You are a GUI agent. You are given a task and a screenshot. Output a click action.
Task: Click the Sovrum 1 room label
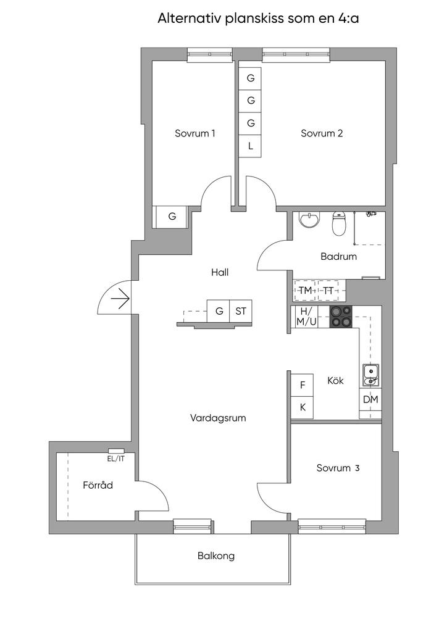pyautogui.click(x=194, y=133)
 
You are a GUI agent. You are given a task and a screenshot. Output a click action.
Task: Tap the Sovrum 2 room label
pyautogui.click(x=322, y=133)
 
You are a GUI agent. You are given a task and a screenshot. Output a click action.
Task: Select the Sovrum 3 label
pyautogui.click(x=338, y=468)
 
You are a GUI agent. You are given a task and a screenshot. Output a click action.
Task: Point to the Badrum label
pyautogui.click(x=338, y=256)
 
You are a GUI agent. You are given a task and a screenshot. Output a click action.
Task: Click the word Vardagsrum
pyautogui.click(x=218, y=418)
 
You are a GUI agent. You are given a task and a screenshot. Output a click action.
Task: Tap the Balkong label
pyautogui.click(x=216, y=556)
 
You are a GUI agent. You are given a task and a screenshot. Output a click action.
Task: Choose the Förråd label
pyautogui.click(x=98, y=485)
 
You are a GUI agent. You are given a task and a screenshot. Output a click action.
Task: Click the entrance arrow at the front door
pyautogui.click(x=120, y=299)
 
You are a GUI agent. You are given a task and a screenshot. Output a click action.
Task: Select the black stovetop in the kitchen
pyautogui.click(x=341, y=317)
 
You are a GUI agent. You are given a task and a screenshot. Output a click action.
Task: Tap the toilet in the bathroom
pyautogui.click(x=339, y=224)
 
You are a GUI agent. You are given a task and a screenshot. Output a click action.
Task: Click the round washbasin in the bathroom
pyautogui.click(x=309, y=220)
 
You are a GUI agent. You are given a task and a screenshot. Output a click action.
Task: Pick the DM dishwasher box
pyautogui.click(x=370, y=399)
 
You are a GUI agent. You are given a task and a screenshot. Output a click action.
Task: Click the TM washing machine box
pyautogui.click(x=306, y=290)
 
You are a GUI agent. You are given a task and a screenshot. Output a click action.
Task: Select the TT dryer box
pyautogui.click(x=328, y=290)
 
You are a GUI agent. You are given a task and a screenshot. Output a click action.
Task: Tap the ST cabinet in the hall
pyautogui.click(x=241, y=311)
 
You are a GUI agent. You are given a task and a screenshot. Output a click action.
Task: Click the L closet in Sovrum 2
pyautogui.click(x=250, y=146)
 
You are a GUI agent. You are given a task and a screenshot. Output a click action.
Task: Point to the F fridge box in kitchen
pyautogui.click(x=303, y=385)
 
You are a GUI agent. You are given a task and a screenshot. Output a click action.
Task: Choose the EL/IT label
pyautogui.click(x=115, y=459)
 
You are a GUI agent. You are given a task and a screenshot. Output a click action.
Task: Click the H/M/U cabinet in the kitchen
pyautogui.click(x=307, y=317)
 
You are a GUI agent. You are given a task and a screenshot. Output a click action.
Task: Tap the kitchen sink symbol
pyautogui.click(x=370, y=375)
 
